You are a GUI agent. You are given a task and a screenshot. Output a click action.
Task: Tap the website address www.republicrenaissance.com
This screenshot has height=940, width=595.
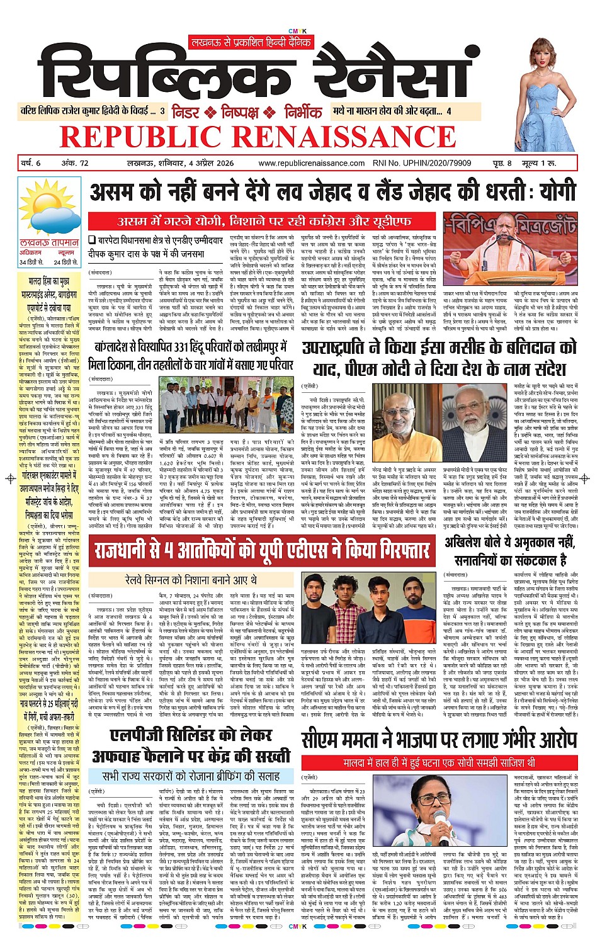click(x=311, y=163)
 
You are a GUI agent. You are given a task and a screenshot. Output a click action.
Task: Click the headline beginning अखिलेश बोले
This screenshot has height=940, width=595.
click(x=509, y=551)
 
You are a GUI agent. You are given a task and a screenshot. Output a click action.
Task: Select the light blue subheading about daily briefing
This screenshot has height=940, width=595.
click(x=191, y=776)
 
